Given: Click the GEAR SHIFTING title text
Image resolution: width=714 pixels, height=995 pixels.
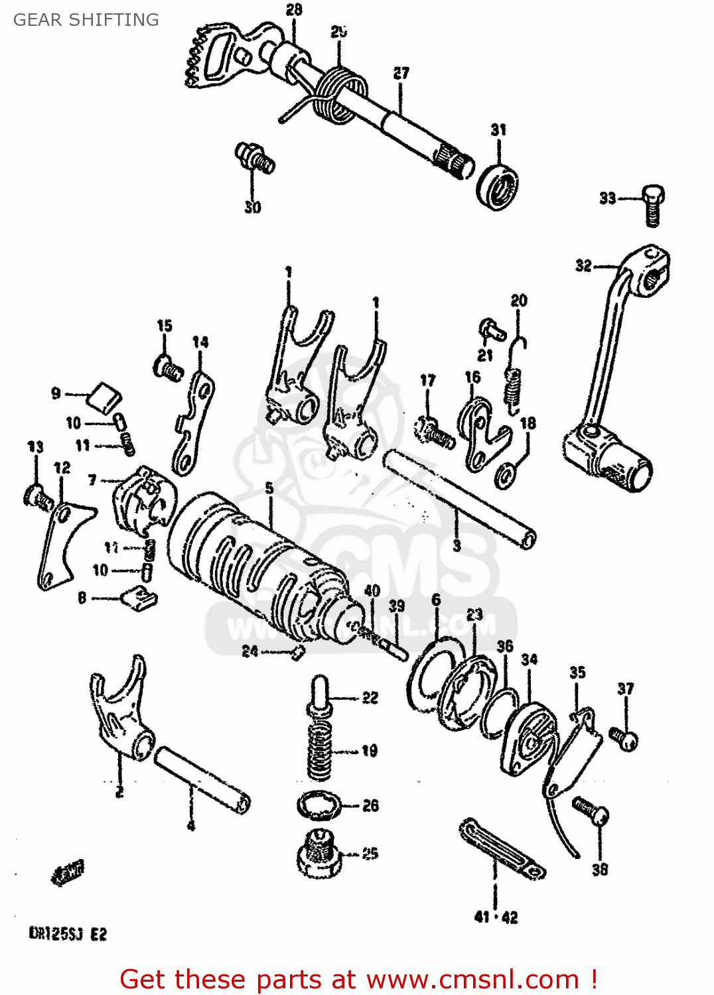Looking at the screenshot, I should (86, 20).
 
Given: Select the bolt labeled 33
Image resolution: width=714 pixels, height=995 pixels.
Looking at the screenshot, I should (652, 205).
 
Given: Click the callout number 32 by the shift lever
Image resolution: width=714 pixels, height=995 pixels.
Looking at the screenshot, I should (583, 266).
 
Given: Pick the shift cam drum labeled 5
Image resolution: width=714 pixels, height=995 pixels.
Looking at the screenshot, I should (259, 564).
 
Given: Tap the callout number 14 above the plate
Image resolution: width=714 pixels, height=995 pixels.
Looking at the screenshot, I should (200, 342).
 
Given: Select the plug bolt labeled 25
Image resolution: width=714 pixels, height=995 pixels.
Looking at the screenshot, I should (319, 852).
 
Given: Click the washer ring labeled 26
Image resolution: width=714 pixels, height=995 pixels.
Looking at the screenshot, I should (319, 806).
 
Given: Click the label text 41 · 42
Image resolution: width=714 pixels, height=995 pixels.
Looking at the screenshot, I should (496, 917).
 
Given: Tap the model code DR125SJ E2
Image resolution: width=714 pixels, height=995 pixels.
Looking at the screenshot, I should (68, 934).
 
